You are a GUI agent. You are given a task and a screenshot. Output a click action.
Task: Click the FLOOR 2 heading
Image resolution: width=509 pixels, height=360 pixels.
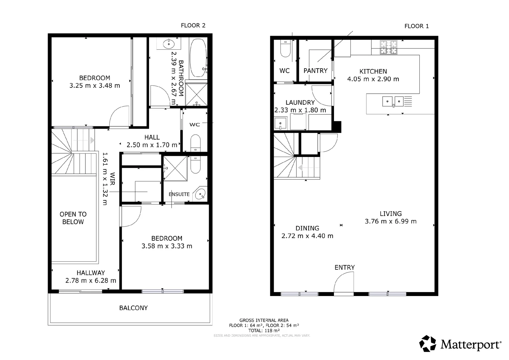click(193, 25)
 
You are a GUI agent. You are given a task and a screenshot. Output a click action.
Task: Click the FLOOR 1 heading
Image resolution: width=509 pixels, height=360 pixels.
click(416, 26)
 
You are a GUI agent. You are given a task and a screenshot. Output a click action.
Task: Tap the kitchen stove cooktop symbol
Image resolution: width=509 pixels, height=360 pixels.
click(389, 47)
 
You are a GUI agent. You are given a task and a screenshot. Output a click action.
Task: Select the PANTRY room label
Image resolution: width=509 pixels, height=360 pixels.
click(315, 71)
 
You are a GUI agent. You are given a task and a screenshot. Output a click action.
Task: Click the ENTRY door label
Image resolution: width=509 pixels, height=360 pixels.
click(344, 267)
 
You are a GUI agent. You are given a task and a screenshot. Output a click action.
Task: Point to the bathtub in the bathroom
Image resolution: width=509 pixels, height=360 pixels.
click(198, 58)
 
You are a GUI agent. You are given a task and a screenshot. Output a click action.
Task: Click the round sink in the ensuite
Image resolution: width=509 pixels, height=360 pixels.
click(200, 194)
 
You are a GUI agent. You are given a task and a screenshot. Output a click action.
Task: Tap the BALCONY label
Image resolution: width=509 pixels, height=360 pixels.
click(133, 308)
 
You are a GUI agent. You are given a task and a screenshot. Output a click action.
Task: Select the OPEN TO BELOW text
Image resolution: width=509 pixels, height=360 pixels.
click(73, 218)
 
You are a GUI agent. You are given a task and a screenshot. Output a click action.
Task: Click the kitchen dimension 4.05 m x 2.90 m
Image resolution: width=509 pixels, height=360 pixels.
click(373, 79)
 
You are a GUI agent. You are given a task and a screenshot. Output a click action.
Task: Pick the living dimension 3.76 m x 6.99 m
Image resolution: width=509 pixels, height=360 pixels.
click(390, 221)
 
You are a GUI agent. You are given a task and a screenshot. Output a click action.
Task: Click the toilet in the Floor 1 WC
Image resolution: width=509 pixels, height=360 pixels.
click(285, 49)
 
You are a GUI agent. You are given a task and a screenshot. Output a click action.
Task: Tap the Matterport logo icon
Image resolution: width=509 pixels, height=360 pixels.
click(427, 344)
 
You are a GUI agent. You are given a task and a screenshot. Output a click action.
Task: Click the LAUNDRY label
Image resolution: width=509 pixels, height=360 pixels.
click(300, 102)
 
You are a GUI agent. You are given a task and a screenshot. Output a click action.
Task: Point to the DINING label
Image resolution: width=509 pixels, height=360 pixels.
click(307, 228)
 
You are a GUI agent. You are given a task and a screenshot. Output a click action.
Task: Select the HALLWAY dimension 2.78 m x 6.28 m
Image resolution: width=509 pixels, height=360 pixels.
click(91, 281)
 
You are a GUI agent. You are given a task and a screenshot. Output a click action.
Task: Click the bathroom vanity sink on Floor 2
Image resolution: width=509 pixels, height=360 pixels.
click(169, 43)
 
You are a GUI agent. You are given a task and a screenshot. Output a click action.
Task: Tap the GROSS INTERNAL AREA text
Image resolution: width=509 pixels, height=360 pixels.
click(264, 320)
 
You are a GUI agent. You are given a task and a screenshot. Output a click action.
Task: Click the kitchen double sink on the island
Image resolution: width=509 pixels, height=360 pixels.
click(393, 101)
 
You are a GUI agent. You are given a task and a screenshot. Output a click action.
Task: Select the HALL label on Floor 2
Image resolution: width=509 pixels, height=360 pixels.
click(152, 137)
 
